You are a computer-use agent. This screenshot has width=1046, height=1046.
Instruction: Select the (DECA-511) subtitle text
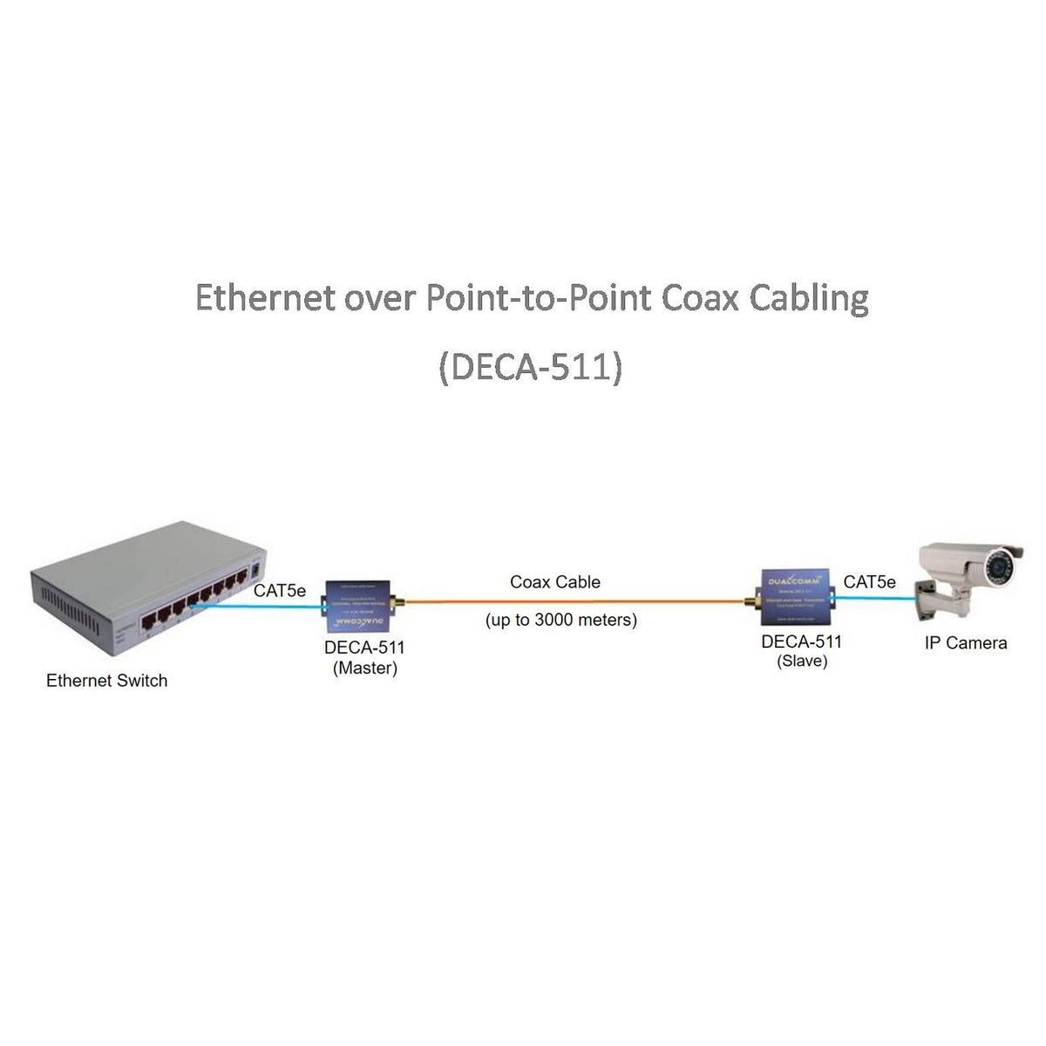pos(530,367)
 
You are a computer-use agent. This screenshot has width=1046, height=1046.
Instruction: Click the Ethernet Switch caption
pos(106,681)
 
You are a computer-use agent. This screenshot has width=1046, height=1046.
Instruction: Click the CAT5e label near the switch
pos(280,591)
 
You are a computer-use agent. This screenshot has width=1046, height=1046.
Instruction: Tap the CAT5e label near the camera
pos(869,581)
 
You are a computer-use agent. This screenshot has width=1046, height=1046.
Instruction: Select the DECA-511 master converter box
pos(357,607)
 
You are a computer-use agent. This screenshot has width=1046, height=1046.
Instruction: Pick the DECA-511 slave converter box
pos(794,597)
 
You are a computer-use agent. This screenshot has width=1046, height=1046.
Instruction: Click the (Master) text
pos(364,669)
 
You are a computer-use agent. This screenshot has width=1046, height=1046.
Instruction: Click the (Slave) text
pos(802,662)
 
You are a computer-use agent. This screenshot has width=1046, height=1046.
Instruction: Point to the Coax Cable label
pos(555,582)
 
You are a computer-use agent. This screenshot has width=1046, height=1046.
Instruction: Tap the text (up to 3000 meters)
pos(560,621)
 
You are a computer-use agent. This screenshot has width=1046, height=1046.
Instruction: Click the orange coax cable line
pos(575,601)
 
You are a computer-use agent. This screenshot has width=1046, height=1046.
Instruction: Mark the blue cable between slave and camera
pos(872,599)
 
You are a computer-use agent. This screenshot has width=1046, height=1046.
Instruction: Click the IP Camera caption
pos(965,643)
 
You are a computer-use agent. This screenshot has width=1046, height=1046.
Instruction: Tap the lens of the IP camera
pos(995,567)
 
